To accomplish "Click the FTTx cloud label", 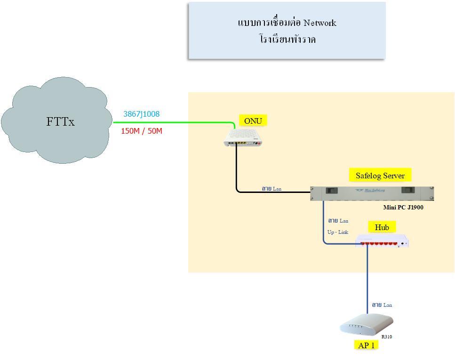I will coord(60,121).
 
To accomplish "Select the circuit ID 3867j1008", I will coord(141,114).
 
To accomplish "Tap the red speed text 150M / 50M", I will coord(141,131).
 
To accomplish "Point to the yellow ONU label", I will coord(253,121).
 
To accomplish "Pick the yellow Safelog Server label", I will coord(380,176).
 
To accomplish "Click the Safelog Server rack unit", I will coord(372,193).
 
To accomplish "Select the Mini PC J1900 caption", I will coord(403,207).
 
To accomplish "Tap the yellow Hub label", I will coord(382,227).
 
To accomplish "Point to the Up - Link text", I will coord(338,232).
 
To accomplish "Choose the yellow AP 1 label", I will coord(366,345).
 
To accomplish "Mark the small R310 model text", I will coord(387,336).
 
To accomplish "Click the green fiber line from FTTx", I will coord(174,122).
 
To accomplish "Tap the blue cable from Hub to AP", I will coord(367,278).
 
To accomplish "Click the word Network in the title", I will coord(319,23).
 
